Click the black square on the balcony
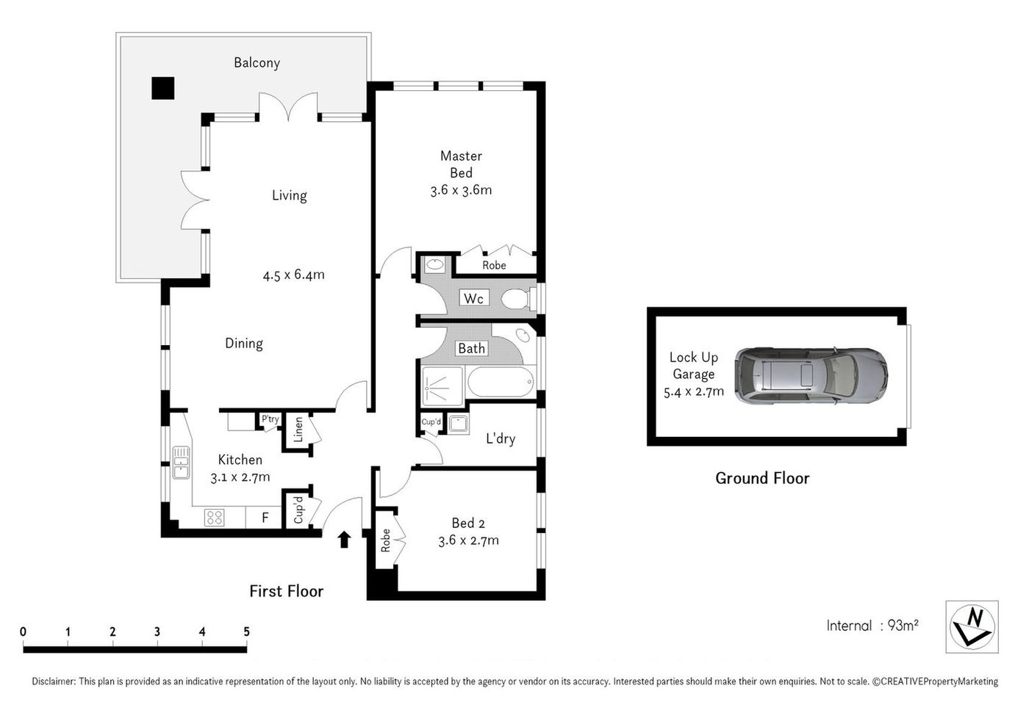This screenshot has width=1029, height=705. click(x=162, y=88)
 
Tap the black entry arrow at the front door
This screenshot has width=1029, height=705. click(x=343, y=540)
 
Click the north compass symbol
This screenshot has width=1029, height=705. click(x=972, y=626)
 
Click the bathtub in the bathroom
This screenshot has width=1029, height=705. click(x=502, y=383)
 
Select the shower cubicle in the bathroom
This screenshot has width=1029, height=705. click(x=442, y=385)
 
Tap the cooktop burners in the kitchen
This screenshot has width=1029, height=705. click(x=214, y=517)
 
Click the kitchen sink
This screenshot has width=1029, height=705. click(x=181, y=463)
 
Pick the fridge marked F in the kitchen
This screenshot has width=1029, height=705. click(x=265, y=518)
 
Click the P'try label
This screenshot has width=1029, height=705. click(x=270, y=419)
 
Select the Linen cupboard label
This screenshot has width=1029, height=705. click(x=298, y=429)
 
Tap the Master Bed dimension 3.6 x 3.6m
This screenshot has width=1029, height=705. click(x=461, y=190)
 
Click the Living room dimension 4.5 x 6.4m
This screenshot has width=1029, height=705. click(x=293, y=275)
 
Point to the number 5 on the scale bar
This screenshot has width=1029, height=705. click(x=246, y=632)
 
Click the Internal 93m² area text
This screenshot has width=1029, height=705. click(x=872, y=626)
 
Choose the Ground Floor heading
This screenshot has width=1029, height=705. click(x=762, y=478)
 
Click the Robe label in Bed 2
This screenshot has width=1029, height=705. click(x=385, y=541)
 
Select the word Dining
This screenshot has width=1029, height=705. click(x=243, y=343)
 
